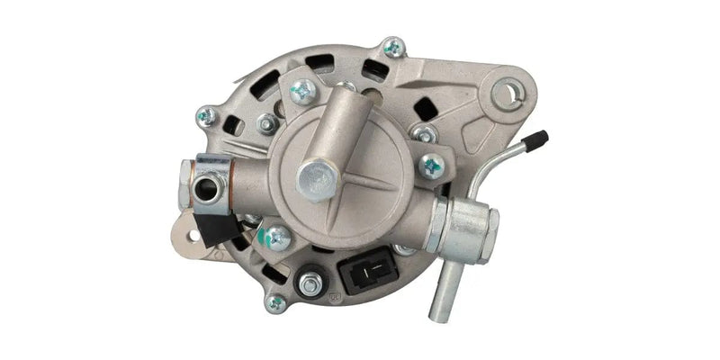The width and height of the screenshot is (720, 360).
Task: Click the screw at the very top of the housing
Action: [x=393, y=48]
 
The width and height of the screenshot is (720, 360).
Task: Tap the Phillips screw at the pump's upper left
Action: [x=303, y=90]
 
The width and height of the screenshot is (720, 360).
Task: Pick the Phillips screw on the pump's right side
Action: [x=432, y=165]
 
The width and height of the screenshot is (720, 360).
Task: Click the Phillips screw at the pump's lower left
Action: [x=277, y=238]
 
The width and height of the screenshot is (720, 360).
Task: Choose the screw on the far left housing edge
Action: [x=206, y=116]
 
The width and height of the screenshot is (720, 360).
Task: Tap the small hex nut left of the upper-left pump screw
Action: [x=266, y=123]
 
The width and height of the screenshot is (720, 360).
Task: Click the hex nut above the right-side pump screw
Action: [x=423, y=133]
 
